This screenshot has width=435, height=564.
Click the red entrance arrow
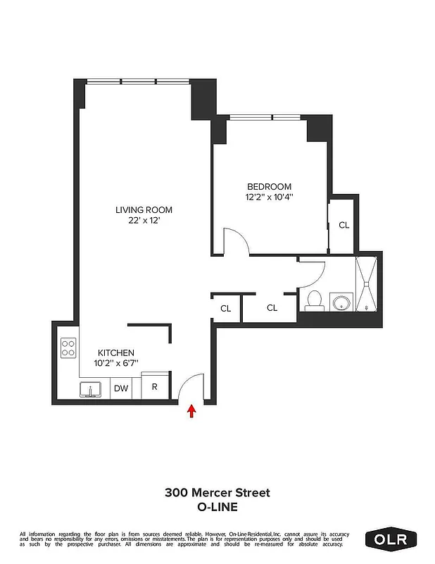click(x=191, y=411)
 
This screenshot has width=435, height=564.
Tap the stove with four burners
click(x=69, y=348)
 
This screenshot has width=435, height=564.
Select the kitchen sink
click(x=90, y=389)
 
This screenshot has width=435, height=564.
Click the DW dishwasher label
click(x=121, y=388)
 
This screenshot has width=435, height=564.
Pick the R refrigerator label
click(x=154, y=387)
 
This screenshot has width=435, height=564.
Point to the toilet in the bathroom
click(x=315, y=300)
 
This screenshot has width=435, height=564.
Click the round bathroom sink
click(x=341, y=303)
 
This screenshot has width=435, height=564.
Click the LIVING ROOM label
click(x=144, y=209)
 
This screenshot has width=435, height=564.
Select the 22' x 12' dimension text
click(x=144, y=221)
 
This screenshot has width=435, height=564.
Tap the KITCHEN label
click(x=115, y=352)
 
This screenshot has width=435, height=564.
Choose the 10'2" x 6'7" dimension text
click(x=115, y=363)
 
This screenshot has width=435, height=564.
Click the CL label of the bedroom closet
click(x=343, y=226)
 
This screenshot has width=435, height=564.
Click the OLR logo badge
click(x=391, y=539)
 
